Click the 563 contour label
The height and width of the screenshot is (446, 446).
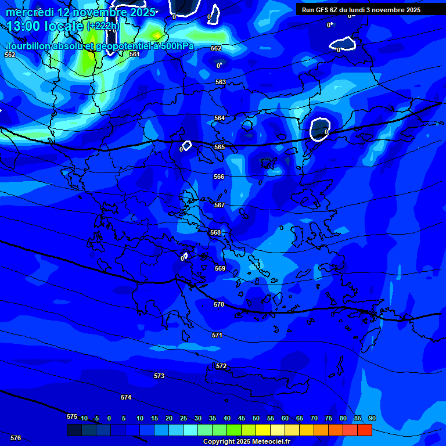221,82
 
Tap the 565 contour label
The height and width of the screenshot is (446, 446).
219,148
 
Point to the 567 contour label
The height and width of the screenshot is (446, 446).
219,205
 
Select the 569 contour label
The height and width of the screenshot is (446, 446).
220,268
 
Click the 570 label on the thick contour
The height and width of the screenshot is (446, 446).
218,304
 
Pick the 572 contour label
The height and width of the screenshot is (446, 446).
221,366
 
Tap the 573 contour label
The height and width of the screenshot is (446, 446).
159,376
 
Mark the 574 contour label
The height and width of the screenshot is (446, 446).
126,397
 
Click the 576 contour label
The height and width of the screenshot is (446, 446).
16,438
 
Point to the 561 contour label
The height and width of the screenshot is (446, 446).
135,54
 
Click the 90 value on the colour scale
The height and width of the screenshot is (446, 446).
372,418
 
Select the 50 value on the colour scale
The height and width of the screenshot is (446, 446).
256,418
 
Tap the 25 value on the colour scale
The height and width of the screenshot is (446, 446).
184,418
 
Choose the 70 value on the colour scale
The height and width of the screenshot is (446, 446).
314,418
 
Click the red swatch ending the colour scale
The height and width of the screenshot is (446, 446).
364,430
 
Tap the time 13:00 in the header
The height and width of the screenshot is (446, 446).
25,26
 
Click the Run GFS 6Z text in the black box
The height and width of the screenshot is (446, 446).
321,10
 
